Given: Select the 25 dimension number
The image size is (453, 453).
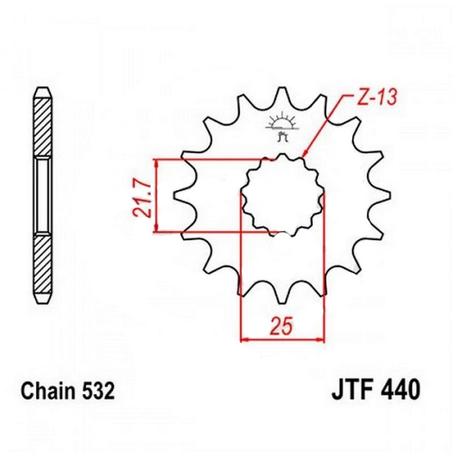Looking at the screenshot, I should click(x=281, y=327).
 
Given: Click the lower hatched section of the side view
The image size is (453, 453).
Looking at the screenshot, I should click(x=43, y=265).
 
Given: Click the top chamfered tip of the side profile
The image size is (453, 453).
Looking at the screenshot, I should click(x=43, y=92).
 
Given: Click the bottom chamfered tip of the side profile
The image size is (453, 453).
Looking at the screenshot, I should click(x=43, y=298).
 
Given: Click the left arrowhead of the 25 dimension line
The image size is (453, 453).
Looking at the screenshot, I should click(x=244, y=339).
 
